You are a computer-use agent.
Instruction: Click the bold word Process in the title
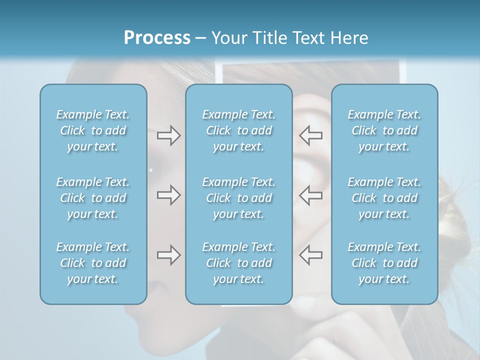[157, 38]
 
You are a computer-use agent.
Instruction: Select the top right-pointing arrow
[168, 135]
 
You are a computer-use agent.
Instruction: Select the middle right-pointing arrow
[168, 195]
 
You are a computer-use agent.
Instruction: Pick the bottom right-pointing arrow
[168, 255]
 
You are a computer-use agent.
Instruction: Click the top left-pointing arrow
[311, 135]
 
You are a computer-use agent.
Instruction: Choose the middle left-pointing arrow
[311, 195]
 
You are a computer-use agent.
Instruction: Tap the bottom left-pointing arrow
[311, 255]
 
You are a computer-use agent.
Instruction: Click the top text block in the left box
[93, 130]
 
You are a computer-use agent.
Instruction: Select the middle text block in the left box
[93, 198]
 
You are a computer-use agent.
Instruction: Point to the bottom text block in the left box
[93, 263]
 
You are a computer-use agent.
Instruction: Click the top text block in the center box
[239, 130]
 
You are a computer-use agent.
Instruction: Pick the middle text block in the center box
[239, 198]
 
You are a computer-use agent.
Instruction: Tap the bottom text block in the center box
[239, 263]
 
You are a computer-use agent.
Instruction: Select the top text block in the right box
[384, 130]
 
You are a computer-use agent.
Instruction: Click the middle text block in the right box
[384, 198]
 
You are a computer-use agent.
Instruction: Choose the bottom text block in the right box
[384, 263]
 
